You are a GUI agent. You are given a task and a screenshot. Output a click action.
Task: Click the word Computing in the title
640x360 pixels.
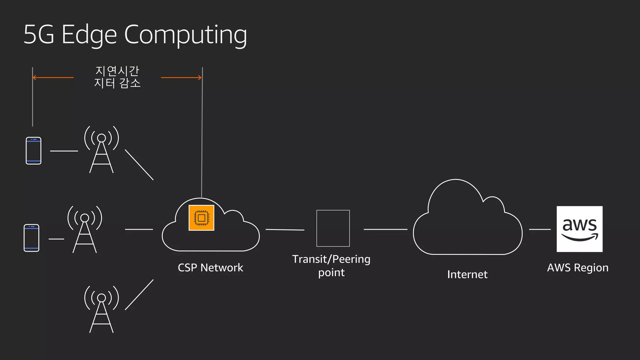click(x=186, y=34)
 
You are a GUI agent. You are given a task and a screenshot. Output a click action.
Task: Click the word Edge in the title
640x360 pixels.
click(x=89, y=35)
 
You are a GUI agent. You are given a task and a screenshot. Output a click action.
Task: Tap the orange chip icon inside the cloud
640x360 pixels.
click(x=202, y=218)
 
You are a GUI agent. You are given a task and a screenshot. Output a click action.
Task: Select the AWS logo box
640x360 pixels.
click(x=579, y=229)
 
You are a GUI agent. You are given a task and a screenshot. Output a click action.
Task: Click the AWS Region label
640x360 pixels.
click(x=577, y=268)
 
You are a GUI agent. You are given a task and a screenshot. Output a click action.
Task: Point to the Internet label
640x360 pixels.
click(x=467, y=274)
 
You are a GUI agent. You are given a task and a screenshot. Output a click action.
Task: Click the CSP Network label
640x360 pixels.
click(x=210, y=268)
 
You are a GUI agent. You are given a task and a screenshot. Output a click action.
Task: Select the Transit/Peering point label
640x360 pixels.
click(x=331, y=266)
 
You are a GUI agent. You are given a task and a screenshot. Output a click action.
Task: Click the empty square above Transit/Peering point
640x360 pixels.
click(x=333, y=228)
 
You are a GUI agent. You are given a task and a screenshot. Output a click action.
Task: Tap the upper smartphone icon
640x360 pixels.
click(x=33, y=151)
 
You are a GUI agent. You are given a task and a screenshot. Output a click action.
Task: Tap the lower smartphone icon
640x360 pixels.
click(x=32, y=238)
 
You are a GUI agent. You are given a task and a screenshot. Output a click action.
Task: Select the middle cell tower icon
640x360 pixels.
click(x=85, y=229)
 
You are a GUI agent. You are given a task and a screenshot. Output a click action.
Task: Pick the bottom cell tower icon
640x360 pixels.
click(x=102, y=309)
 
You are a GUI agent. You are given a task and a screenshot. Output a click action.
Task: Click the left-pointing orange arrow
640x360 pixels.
click(x=53, y=77)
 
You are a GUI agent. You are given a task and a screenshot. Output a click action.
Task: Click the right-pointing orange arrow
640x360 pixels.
click(x=181, y=77)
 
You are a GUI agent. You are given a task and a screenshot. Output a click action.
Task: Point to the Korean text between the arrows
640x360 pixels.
click(x=117, y=77)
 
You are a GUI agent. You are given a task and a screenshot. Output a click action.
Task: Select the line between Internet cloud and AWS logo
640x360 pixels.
click(x=540, y=229)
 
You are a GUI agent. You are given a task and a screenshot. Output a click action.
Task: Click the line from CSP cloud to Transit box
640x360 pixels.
click(x=285, y=230)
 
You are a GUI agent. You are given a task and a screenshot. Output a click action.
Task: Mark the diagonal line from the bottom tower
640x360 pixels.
click(x=139, y=295)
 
